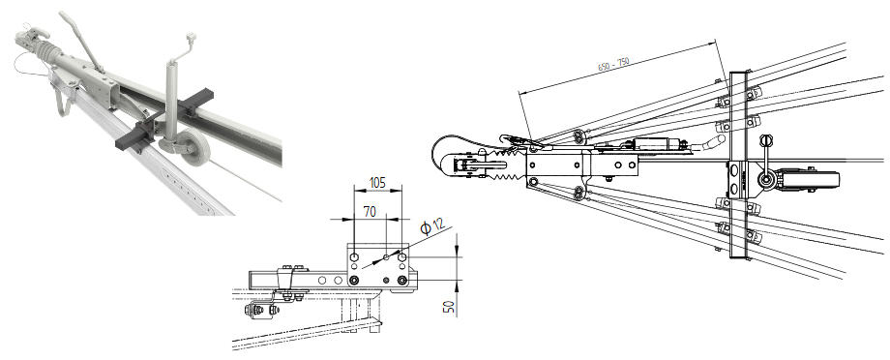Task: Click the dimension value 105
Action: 377,182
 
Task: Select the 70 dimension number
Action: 370,212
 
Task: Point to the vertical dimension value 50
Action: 449,307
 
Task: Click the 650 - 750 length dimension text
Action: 614,64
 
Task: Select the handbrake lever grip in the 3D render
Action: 68,21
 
